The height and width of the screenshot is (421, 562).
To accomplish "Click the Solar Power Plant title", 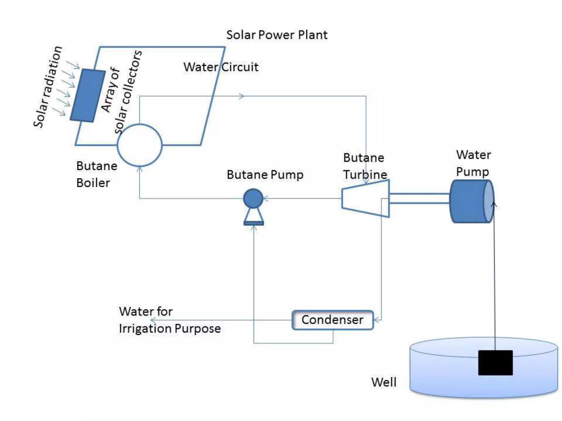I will [x=277, y=35].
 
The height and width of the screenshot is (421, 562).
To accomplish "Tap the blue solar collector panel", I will [x=88, y=95].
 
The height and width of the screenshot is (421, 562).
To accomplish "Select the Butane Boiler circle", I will [x=140, y=145].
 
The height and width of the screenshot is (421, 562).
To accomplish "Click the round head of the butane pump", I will [x=253, y=198].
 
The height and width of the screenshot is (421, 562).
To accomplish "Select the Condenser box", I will [x=333, y=320].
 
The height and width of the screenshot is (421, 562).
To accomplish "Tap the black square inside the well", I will [x=495, y=363].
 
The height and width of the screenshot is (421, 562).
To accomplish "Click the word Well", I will [x=384, y=382].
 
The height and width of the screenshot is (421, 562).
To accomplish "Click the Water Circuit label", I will [x=221, y=67].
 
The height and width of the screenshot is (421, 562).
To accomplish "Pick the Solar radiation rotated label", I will [x=47, y=87].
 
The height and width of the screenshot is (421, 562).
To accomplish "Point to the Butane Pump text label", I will [x=265, y=175].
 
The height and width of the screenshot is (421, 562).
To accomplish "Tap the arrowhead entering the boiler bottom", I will [x=140, y=169].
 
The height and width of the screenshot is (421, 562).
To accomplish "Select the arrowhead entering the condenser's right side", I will [x=377, y=320].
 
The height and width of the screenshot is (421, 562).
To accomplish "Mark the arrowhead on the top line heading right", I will [x=241, y=96].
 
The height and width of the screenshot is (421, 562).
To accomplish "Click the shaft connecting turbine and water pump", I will [x=419, y=198].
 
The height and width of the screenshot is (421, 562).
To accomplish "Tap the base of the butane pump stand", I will [x=254, y=223].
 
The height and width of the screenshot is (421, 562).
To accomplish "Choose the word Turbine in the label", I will [x=365, y=175].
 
